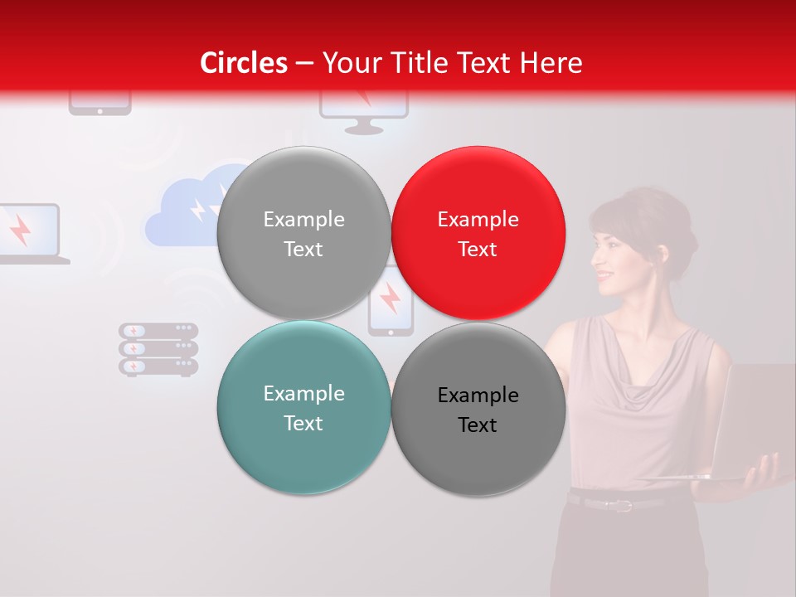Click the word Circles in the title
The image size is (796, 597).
click(243, 63)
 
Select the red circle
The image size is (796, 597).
click(478, 233)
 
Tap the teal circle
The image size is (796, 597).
click(303, 407)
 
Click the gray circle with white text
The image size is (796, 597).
click(303, 233)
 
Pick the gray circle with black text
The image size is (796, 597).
click(478, 409)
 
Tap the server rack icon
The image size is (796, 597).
click(158, 349)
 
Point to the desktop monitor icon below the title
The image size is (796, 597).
click(364, 113)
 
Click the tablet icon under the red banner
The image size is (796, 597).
click(99, 104)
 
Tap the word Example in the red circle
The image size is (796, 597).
click(478, 219)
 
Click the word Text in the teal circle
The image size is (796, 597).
click(303, 423)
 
